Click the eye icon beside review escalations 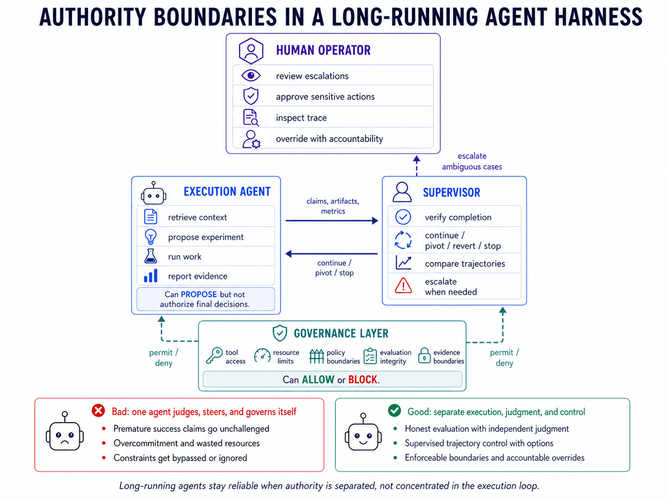pyautogui.click(x=251, y=75)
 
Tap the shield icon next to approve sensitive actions pyautogui.click(x=250, y=96)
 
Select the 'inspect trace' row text pyautogui.click(x=301, y=118)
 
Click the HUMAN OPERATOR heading pyautogui.click(x=323, y=50)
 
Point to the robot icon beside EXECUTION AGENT pyautogui.click(x=154, y=194)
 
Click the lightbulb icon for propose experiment pyautogui.click(x=151, y=237)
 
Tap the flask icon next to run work pyautogui.click(x=151, y=256)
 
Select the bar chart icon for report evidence pyautogui.click(x=151, y=276)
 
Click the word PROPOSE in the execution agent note pyautogui.click(x=199, y=294)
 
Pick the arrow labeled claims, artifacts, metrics pyautogui.click(x=331, y=221)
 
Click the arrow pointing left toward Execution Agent pyautogui.click(x=331, y=254)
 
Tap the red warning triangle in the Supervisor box pyautogui.click(x=403, y=286)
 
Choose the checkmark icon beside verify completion pyautogui.click(x=403, y=217)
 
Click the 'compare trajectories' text pyautogui.click(x=465, y=263)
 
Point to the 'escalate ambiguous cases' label pyautogui.click(x=472, y=161)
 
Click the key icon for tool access pyautogui.click(x=214, y=356)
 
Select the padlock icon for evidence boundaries pyautogui.click(x=424, y=356)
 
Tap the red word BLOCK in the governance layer pyautogui.click(x=363, y=380)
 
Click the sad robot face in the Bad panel pyautogui.click(x=65, y=434)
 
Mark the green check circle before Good pyautogui.click(x=394, y=411)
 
